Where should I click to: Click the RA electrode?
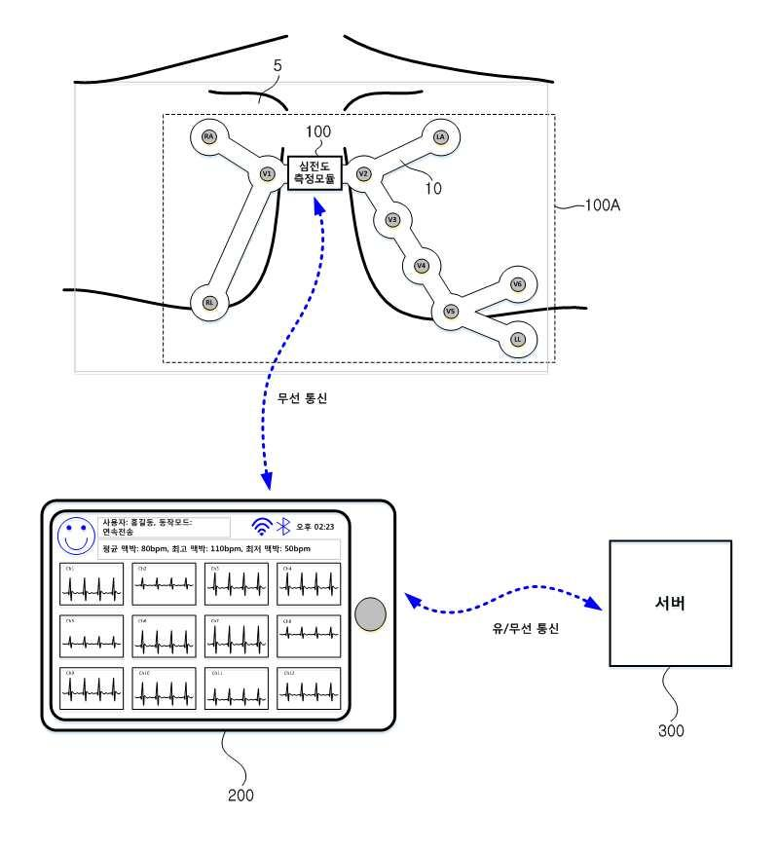(208, 136)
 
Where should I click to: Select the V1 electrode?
(267, 174)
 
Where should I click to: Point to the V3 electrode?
(392, 220)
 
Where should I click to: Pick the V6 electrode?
(517, 284)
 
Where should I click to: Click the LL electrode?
(517, 339)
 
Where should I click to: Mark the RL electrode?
(208, 303)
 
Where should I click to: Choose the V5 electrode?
(450, 312)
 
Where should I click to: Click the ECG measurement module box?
(314, 173)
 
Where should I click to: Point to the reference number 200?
(241, 795)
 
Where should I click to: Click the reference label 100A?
(603, 206)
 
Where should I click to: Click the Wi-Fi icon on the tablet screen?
(261, 527)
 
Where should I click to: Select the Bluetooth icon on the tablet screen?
(283, 527)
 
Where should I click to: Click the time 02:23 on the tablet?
(320, 527)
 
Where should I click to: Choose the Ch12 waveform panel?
(308, 687)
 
